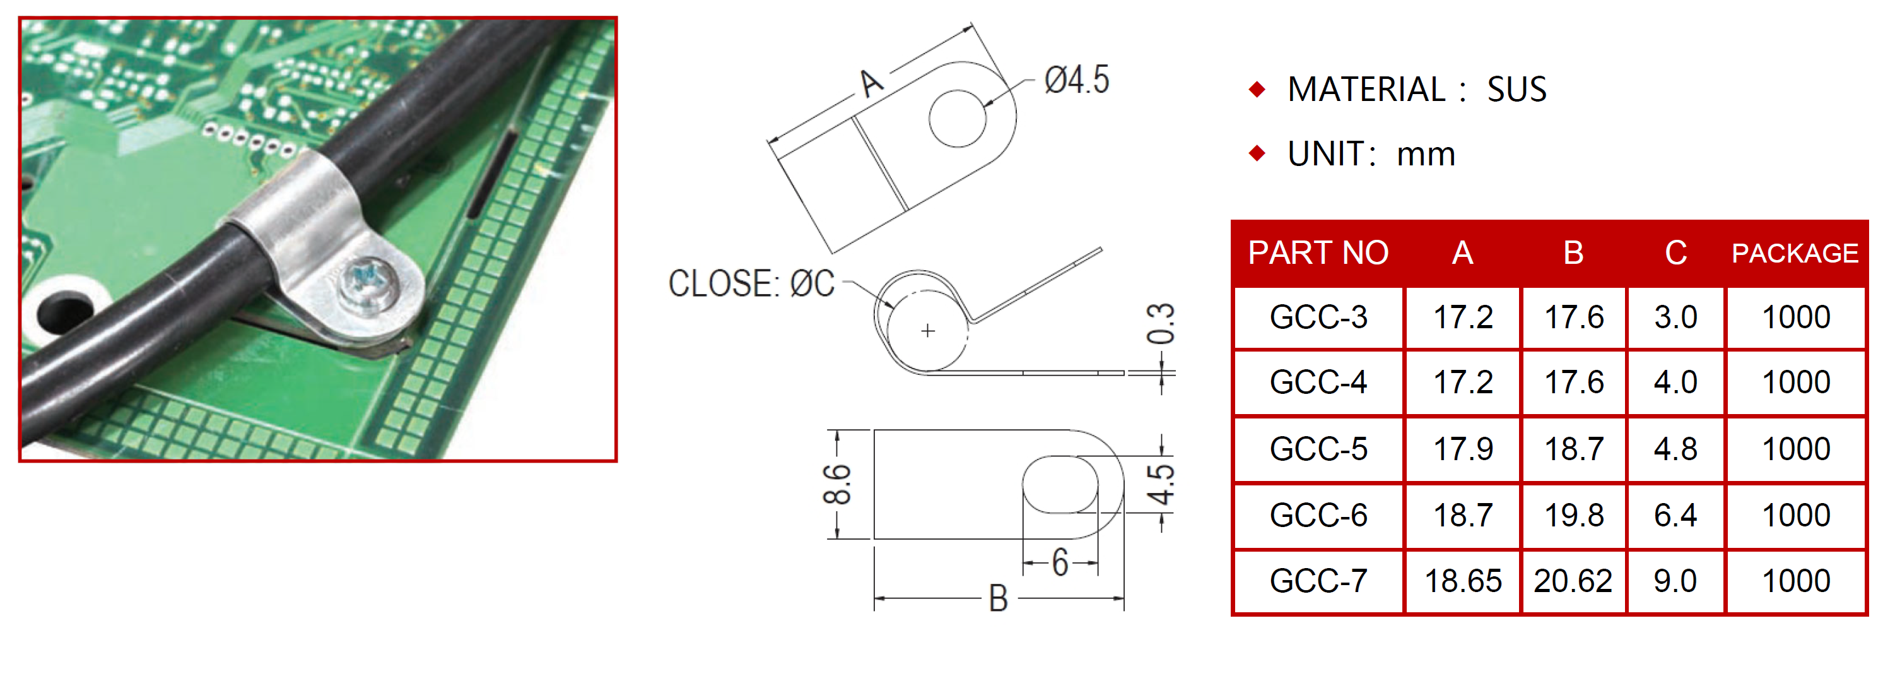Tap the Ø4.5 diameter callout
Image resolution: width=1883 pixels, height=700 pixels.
point(1076,80)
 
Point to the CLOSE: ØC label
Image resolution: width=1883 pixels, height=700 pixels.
point(751,284)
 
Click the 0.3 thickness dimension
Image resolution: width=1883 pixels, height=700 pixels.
point(1160,324)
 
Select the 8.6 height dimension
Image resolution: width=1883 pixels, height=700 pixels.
point(837,484)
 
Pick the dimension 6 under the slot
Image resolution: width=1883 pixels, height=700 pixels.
point(1060,562)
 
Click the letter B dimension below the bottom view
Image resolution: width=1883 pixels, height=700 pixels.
point(998,598)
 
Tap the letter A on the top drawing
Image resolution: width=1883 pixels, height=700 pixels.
point(871,83)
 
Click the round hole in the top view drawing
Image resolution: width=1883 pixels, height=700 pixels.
point(958,119)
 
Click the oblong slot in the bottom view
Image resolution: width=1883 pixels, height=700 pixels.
point(1060,484)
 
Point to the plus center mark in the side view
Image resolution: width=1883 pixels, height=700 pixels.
point(927,331)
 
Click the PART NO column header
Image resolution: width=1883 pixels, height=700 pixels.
point(1318,253)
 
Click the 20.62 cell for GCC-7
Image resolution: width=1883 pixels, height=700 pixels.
point(1573,581)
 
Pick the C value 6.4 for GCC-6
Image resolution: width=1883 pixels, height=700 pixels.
point(1675,516)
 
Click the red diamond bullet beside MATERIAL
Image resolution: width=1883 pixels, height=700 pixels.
point(1257,89)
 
